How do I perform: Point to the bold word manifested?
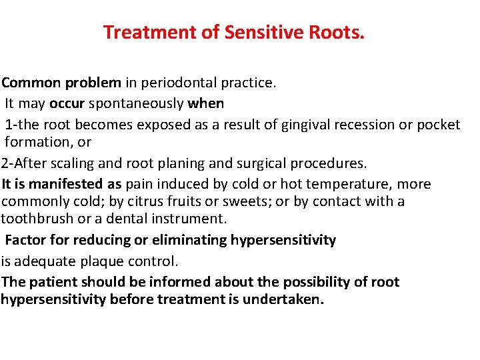pos(70,184)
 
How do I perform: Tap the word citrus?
pos(159,201)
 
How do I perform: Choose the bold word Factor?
pos(26,240)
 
